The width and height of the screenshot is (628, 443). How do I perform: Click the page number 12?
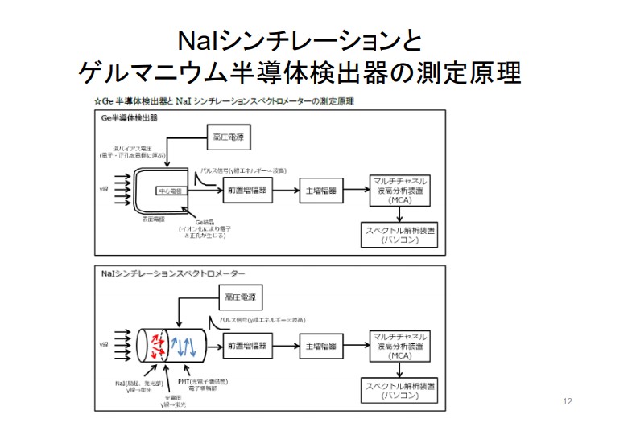(x=568, y=401)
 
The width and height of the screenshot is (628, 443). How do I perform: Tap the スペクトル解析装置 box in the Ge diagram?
(x=399, y=235)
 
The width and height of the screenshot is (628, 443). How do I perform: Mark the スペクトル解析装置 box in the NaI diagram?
(x=399, y=390)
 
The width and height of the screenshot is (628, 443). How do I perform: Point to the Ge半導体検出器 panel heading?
(x=129, y=117)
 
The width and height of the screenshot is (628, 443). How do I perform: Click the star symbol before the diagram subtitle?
(x=97, y=102)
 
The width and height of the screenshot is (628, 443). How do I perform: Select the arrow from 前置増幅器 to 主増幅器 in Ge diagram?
(x=287, y=192)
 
